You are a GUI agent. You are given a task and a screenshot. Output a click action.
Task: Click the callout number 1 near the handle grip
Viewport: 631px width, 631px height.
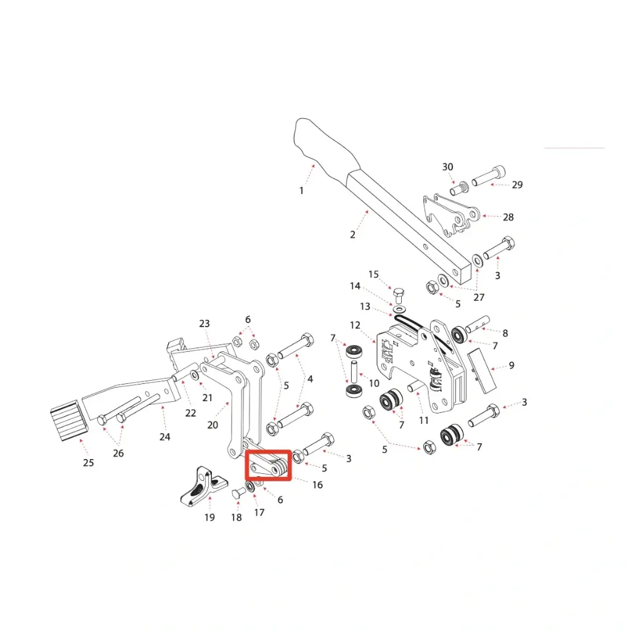(x=301, y=190)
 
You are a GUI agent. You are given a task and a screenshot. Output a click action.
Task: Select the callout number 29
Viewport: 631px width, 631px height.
(x=517, y=185)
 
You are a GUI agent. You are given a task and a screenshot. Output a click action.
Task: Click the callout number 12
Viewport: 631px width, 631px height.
(x=355, y=325)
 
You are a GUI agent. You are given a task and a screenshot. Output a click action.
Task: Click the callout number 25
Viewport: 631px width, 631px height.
(x=88, y=462)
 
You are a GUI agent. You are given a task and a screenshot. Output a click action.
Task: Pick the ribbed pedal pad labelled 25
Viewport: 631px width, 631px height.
(x=66, y=419)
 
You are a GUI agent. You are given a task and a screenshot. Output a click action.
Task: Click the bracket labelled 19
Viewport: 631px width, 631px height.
(x=199, y=486)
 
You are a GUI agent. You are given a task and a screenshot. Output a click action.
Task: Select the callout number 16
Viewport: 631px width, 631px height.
(x=317, y=485)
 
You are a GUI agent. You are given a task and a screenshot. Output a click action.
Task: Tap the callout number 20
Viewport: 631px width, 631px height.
(x=213, y=425)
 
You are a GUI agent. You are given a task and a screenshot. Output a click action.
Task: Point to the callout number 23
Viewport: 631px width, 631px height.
(x=205, y=324)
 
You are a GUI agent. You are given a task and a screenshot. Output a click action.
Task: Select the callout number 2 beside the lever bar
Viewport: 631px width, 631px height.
(x=352, y=234)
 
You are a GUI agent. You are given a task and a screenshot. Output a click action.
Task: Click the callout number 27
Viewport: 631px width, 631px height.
(x=479, y=297)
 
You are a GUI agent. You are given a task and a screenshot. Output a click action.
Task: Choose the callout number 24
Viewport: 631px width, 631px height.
(x=165, y=437)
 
